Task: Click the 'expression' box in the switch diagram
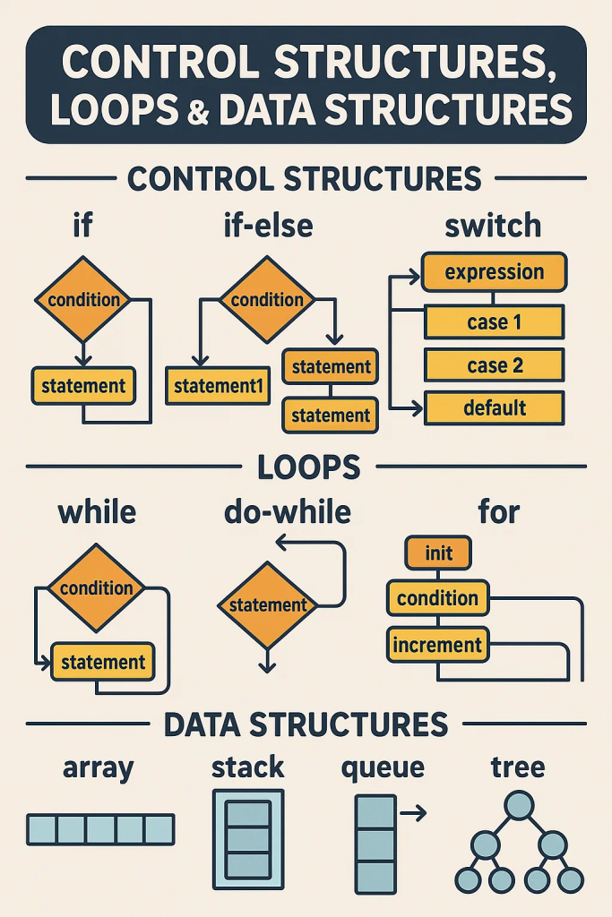pyautogui.click(x=494, y=271)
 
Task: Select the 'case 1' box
pyautogui.click(x=494, y=321)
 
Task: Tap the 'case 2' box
pyautogui.click(x=494, y=364)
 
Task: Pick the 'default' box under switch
pyautogui.click(x=494, y=408)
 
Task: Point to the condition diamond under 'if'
pyautogui.click(x=83, y=300)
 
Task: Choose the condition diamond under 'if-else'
pyautogui.click(x=267, y=300)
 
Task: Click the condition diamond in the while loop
pyautogui.click(x=96, y=588)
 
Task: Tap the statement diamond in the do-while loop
pyautogui.click(x=268, y=606)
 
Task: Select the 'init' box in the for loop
pyautogui.click(x=438, y=553)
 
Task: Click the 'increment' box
pyautogui.click(x=438, y=644)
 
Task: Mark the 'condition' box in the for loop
pyautogui.click(x=438, y=598)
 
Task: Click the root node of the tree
pyautogui.click(x=519, y=806)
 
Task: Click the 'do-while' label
pyautogui.click(x=287, y=513)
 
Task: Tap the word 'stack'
pyautogui.click(x=247, y=767)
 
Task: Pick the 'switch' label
pyautogui.click(x=493, y=226)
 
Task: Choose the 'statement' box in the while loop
pyautogui.click(x=102, y=663)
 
